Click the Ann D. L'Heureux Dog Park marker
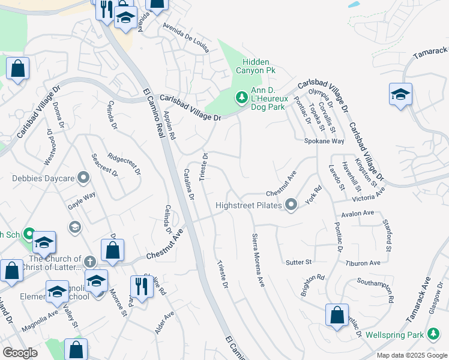(241, 97)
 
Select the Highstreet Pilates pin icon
(291, 205)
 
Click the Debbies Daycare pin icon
(83, 178)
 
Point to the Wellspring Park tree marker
(433, 334)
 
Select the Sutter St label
(299, 262)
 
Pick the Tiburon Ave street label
(363, 263)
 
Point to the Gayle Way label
(82, 196)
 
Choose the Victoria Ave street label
(368, 196)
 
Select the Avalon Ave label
(357, 213)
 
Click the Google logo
(20, 353)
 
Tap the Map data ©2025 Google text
(411, 355)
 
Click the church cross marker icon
(89, 262)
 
